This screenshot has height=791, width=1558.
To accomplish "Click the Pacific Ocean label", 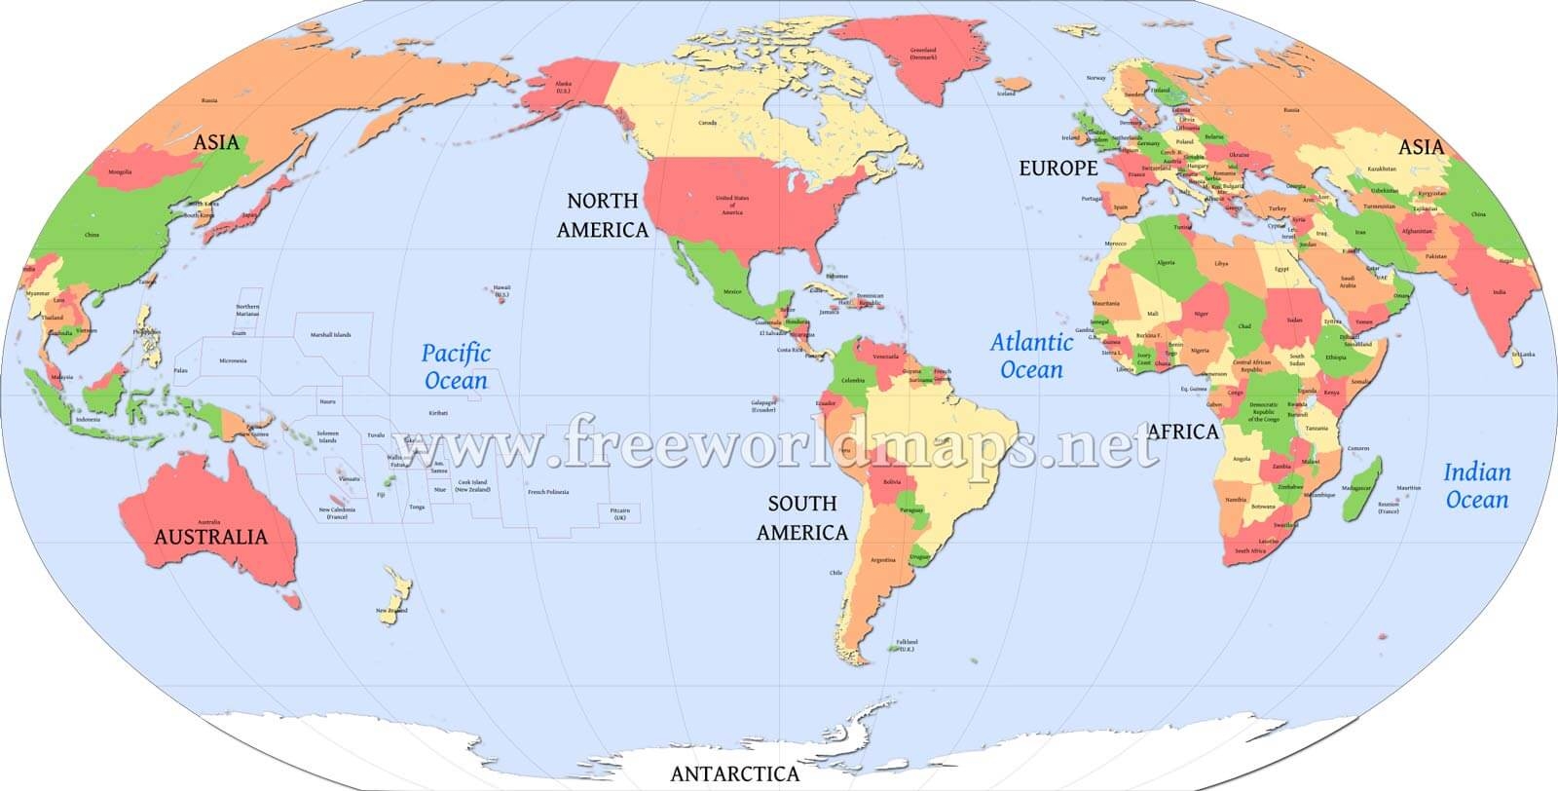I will pos(456,366).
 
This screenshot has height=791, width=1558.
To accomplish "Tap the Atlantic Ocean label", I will pos(1031,356).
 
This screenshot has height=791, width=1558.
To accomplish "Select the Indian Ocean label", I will pos(1476,486).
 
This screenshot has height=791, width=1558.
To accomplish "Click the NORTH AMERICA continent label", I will pos(602,215).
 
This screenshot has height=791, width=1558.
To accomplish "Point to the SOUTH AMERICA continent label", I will pos(801,518).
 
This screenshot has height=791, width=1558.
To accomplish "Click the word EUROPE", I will pos(1057,169).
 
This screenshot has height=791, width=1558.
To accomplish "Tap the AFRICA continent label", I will pos(1183,432).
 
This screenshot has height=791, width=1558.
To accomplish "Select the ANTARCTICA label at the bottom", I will pos(735,774).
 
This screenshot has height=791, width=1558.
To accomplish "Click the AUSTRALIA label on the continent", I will pos(210,537).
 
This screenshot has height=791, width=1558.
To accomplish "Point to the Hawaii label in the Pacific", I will pos(501,289).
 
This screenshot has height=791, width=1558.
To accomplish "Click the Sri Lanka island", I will pos(1515,358).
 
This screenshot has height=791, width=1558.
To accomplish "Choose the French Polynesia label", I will pos(547,492).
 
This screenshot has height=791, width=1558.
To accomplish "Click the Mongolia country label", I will pos(120,172).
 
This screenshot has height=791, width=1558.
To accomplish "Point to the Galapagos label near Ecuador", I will pos(763,405).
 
